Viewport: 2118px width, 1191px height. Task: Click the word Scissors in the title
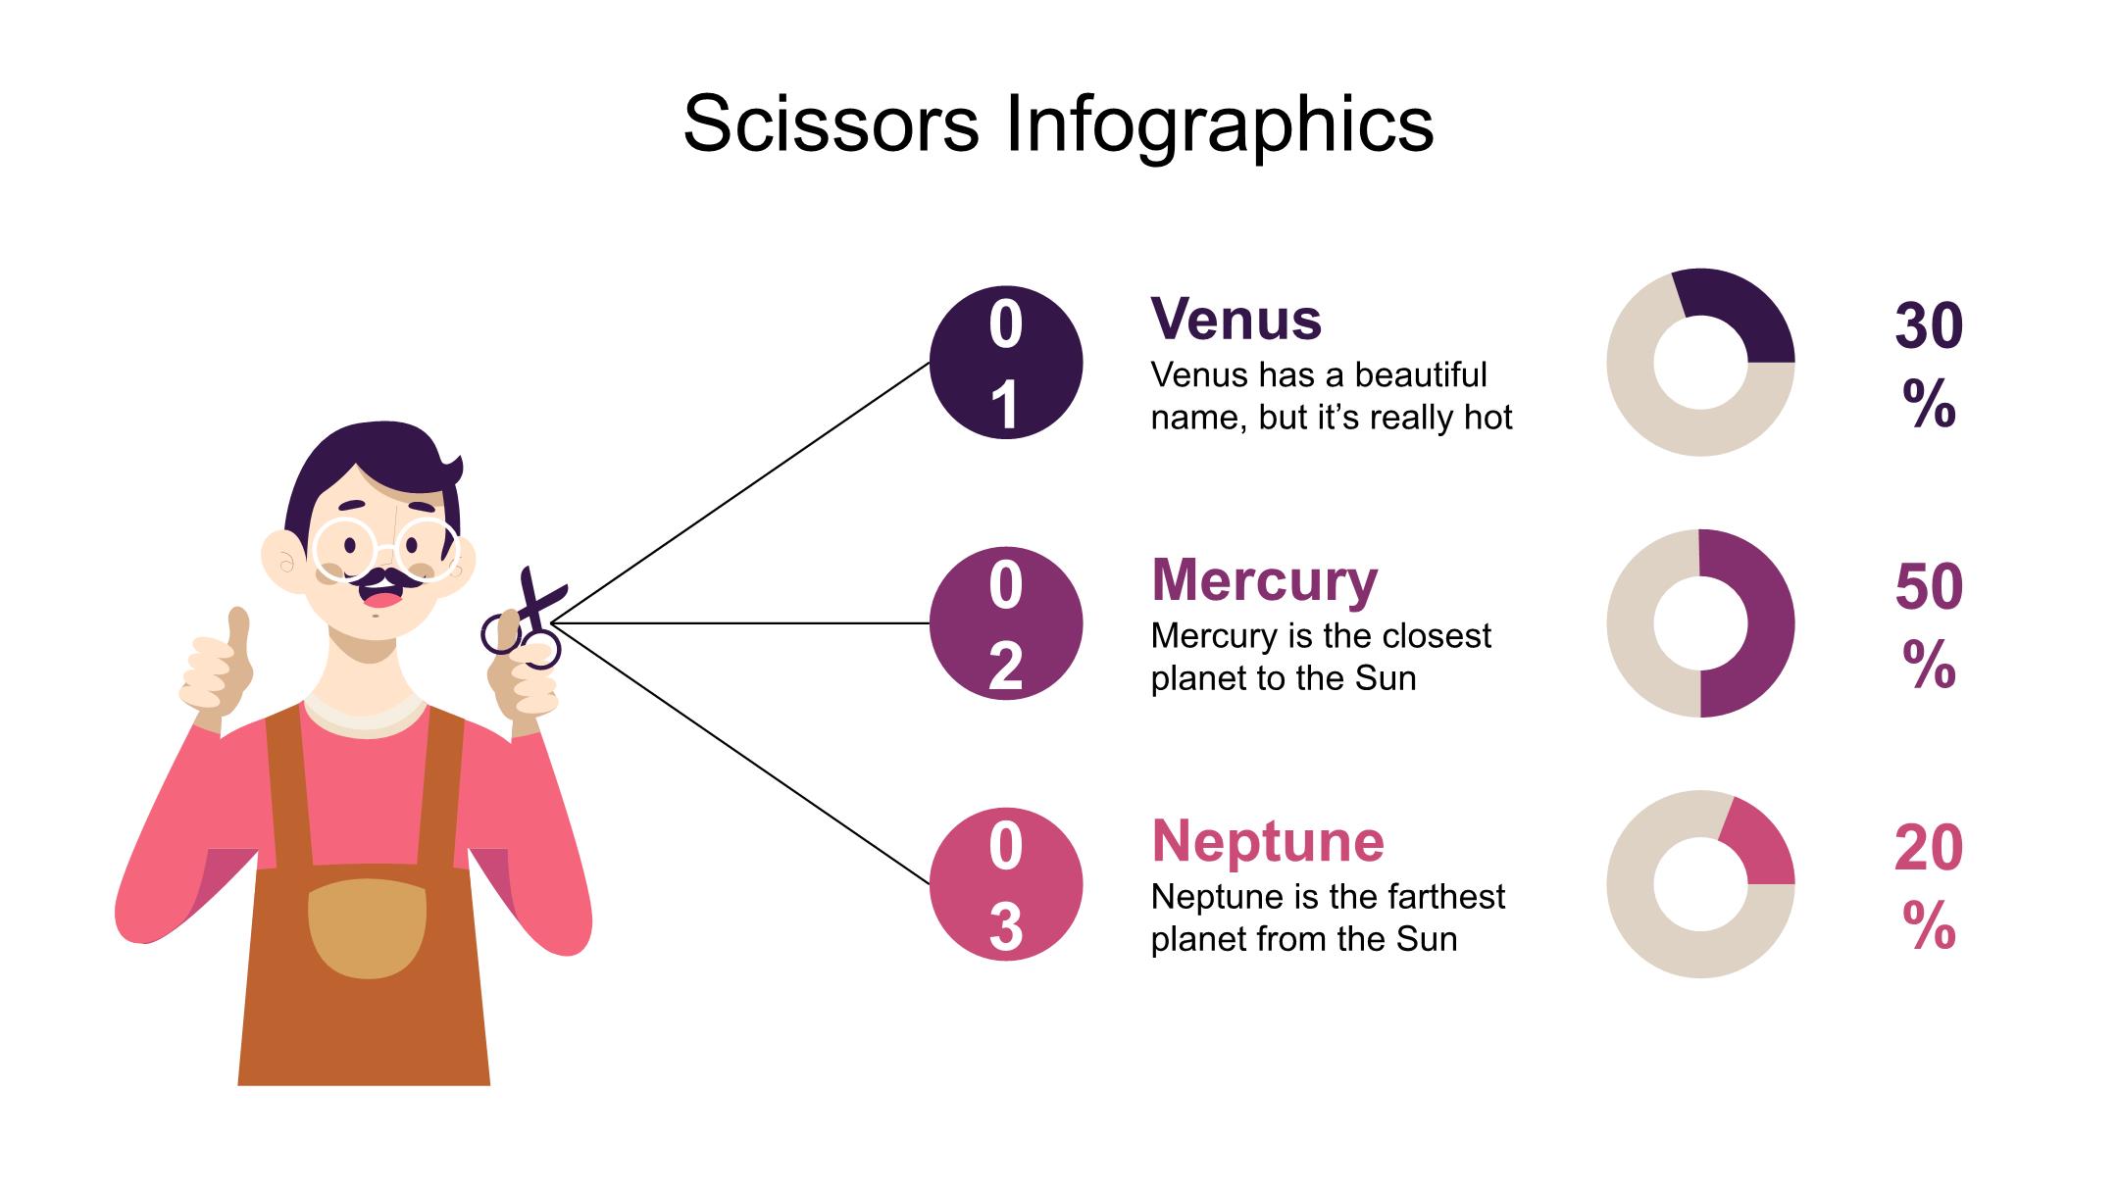click(832, 124)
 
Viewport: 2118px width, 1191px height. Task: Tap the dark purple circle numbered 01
click(1006, 363)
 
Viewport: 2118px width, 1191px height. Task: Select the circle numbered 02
click(1006, 623)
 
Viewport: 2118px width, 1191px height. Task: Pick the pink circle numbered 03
click(1006, 884)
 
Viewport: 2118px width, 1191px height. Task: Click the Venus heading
click(1236, 320)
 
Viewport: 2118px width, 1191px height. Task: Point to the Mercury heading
click(1265, 581)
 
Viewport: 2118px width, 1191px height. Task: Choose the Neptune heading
click(1268, 842)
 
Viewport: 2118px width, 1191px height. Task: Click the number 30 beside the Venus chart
click(1929, 325)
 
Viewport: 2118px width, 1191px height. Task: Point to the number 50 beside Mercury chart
click(1929, 586)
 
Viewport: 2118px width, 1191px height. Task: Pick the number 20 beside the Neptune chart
click(1929, 848)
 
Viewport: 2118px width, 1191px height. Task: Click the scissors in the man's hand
click(526, 620)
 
